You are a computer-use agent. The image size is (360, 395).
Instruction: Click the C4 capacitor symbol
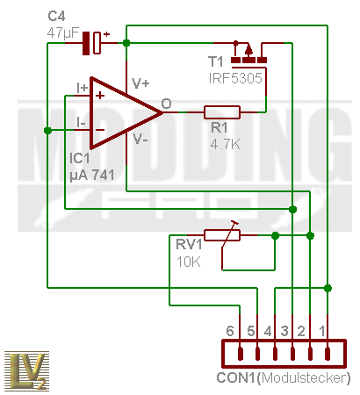tap(91, 43)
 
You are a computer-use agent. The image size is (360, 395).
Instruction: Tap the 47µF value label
tap(63, 33)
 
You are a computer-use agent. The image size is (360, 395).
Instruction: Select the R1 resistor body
tap(222, 112)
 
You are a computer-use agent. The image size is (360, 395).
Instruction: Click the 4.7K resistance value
tap(225, 144)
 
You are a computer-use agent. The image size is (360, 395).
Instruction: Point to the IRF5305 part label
tap(235, 78)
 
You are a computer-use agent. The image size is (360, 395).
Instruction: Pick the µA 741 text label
tap(92, 176)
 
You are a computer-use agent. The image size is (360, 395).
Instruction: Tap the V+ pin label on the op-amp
tap(140, 83)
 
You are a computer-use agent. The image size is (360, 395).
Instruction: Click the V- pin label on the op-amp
tap(140, 139)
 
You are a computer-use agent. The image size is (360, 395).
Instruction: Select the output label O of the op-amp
tap(166, 104)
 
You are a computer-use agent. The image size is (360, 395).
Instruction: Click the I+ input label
tap(82, 88)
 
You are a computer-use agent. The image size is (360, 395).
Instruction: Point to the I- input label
tap(81, 122)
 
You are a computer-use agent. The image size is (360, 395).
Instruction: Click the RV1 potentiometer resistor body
tap(222, 235)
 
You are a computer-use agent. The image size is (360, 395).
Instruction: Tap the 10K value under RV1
tap(189, 262)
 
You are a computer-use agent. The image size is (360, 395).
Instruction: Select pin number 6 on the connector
tap(230, 331)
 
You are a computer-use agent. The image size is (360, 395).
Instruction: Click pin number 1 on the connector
tap(322, 331)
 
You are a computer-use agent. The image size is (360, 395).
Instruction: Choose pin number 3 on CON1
tap(284, 331)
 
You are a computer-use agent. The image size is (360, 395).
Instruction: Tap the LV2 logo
tap(26, 370)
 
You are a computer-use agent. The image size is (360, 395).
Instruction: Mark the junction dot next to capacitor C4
tap(126, 43)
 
